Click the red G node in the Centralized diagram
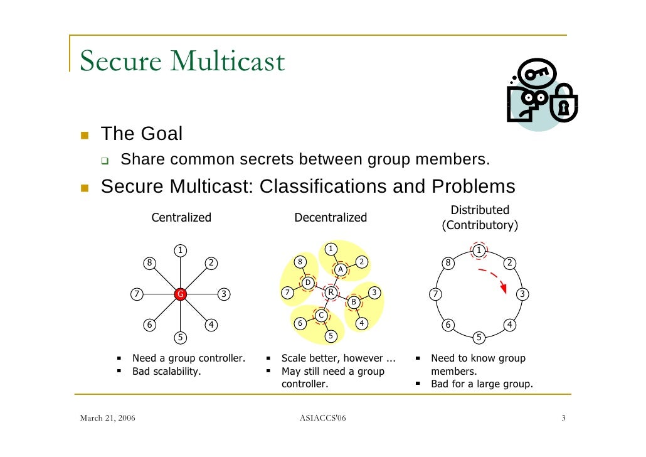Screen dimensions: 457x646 (x=180, y=293)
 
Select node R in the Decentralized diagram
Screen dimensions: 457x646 (x=330, y=292)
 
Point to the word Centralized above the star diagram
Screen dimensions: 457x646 (x=181, y=218)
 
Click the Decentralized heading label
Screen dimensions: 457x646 (x=331, y=218)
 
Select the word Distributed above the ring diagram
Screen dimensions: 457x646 (x=480, y=210)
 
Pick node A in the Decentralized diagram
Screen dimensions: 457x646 (x=341, y=269)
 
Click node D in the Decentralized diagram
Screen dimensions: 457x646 (x=307, y=283)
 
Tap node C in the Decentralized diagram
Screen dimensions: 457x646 (x=320, y=315)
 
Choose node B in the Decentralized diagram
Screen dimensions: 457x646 (x=353, y=302)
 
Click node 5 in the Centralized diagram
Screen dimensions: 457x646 (x=180, y=338)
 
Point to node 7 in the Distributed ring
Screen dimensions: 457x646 (x=434, y=294)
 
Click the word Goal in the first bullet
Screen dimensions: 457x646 (x=161, y=134)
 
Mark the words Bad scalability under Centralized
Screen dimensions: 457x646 (x=166, y=371)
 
